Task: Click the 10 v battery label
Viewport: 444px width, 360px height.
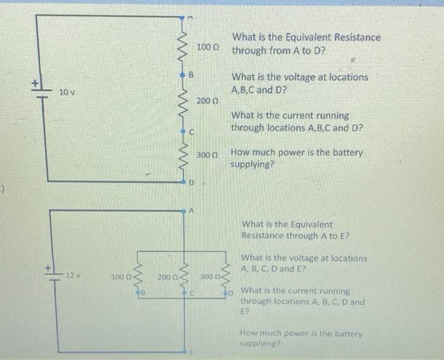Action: pyautogui.click(x=67, y=93)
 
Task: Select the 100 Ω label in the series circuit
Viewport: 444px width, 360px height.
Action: pyautogui.click(x=207, y=47)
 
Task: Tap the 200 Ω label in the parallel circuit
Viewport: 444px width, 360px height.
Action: pyautogui.click(x=167, y=277)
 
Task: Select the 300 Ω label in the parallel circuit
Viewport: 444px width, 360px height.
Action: pyautogui.click(x=209, y=277)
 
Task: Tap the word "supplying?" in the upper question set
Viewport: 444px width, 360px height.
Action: pyautogui.click(x=252, y=164)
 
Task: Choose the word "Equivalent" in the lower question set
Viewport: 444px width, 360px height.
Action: pyautogui.click(x=311, y=224)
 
